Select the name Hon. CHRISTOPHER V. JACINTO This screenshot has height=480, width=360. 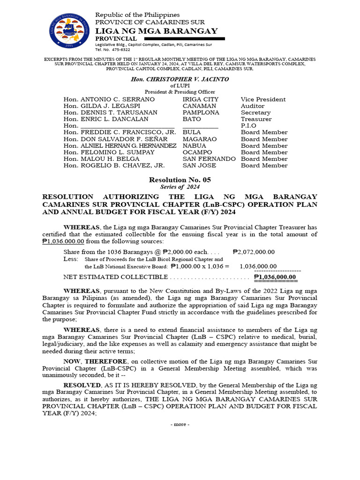click(180, 79)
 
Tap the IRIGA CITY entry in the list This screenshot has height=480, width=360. click(200, 99)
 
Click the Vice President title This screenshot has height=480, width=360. click(263, 99)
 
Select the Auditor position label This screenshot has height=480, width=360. click(253, 106)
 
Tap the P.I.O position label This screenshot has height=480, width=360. click(248, 126)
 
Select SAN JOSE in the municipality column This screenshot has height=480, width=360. click(199, 165)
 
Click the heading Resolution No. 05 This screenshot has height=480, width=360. click(180, 180)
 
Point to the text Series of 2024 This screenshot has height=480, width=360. click(180, 187)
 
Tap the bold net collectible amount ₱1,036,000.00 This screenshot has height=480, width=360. click(275, 277)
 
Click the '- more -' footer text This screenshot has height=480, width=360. click(180, 424)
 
